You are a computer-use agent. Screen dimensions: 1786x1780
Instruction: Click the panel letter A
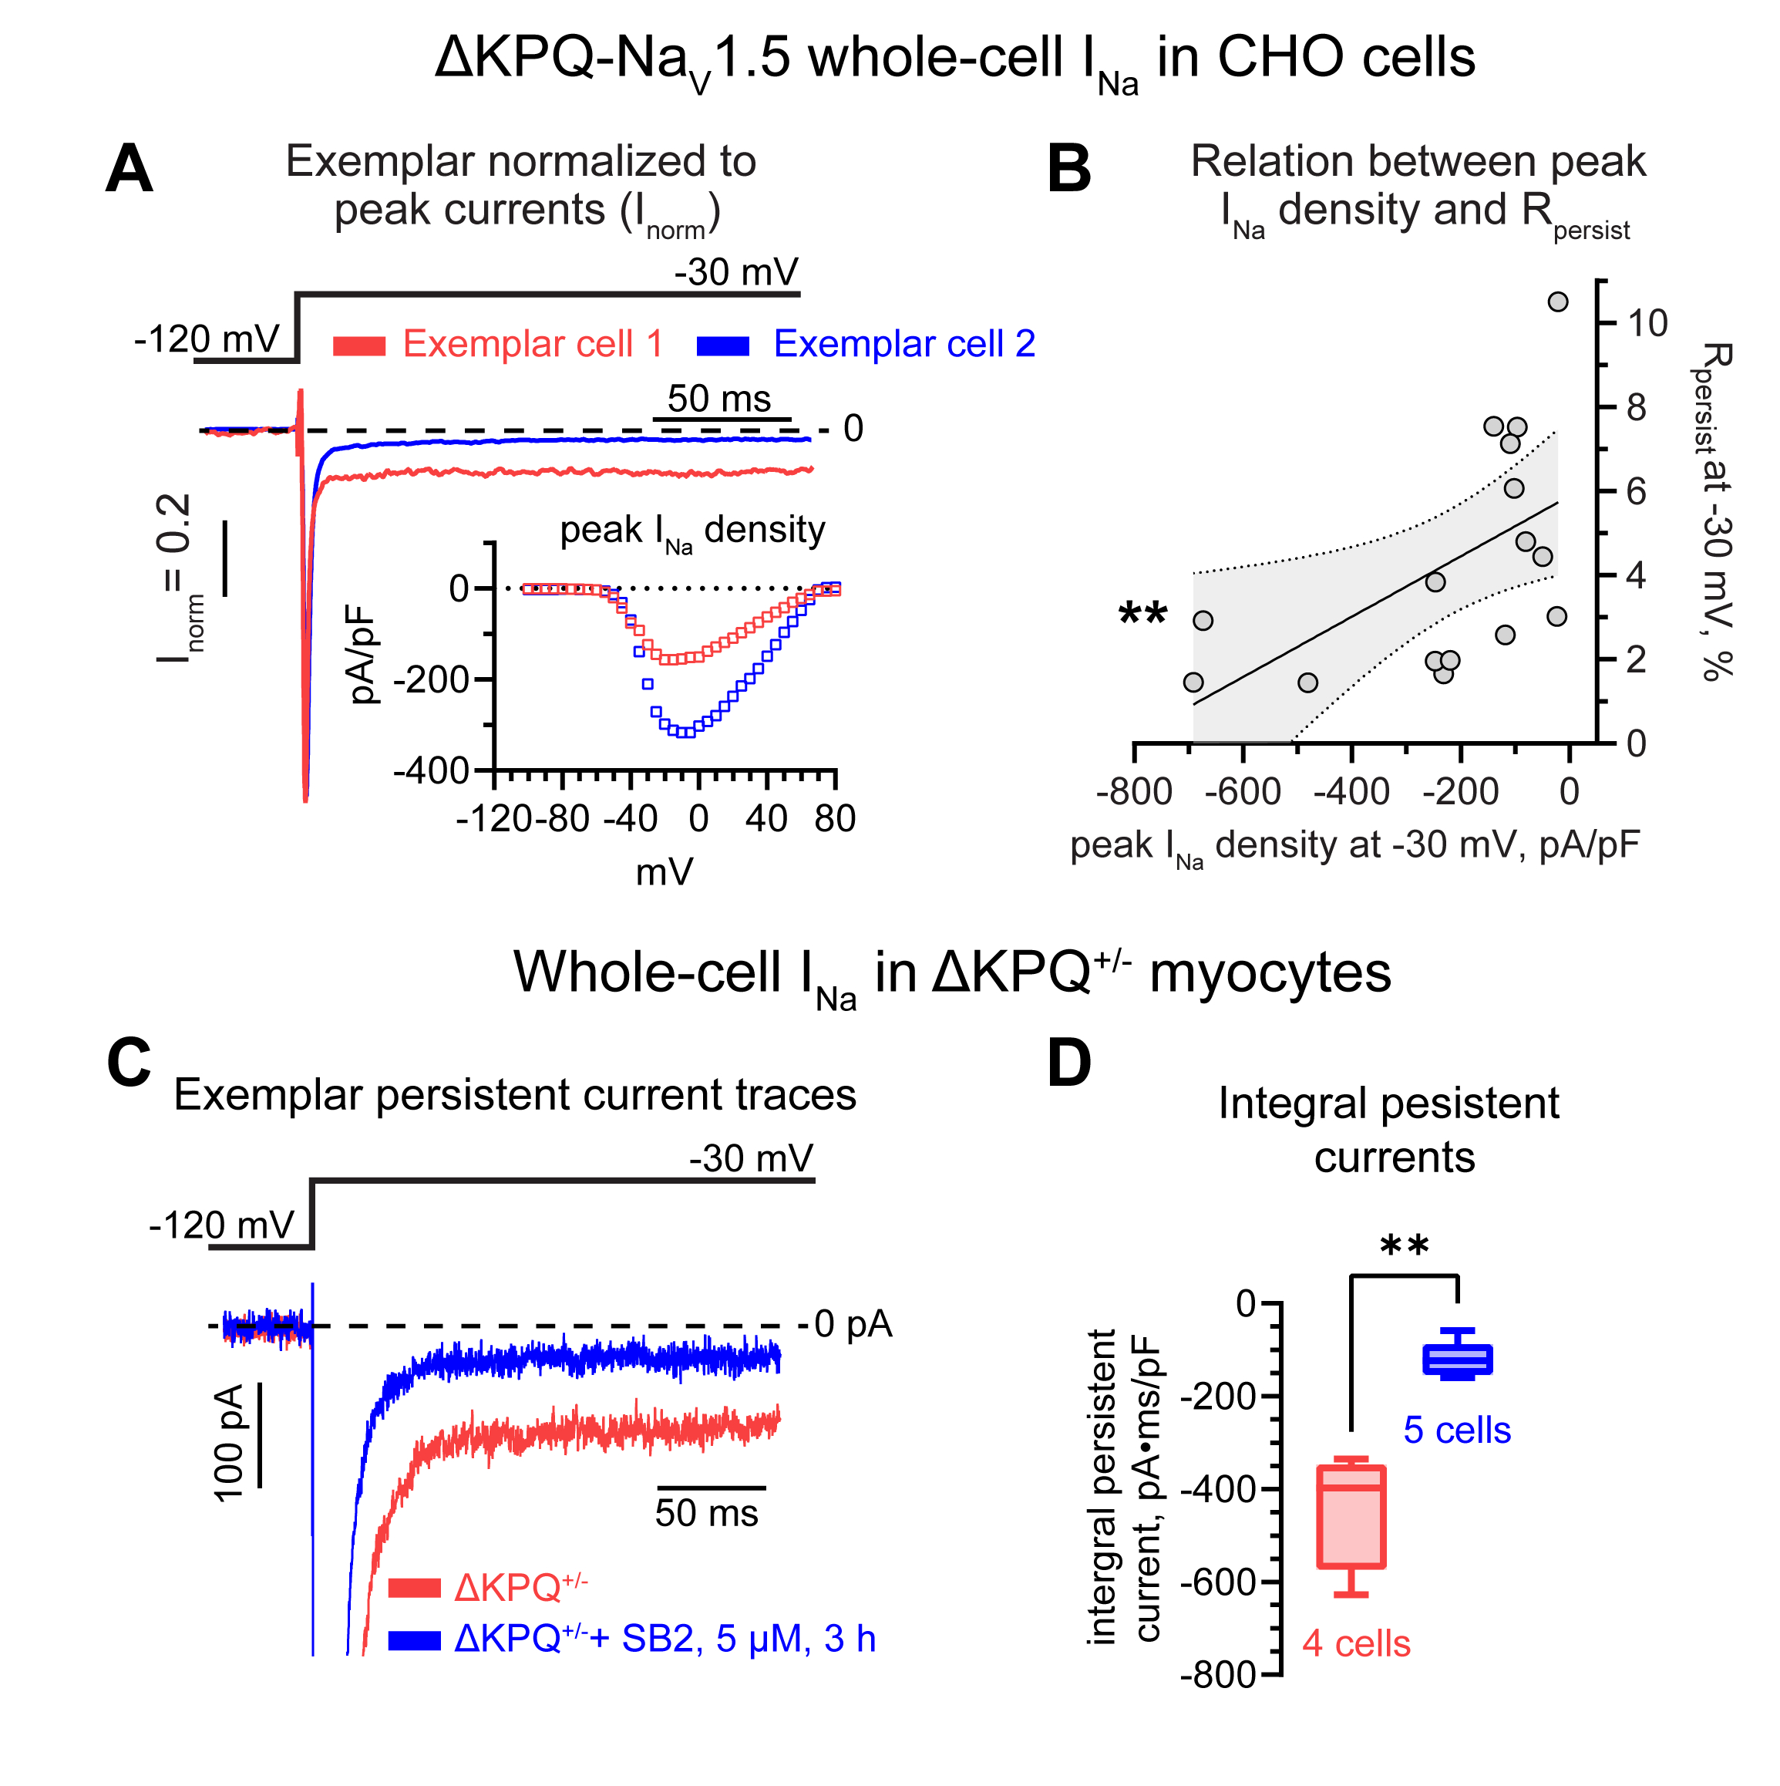point(129,169)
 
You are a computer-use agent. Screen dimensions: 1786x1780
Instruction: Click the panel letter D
point(1069,1063)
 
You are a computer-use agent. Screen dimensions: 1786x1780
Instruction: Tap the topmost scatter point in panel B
point(1558,302)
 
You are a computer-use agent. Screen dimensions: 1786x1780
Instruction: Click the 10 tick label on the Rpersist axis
point(1647,324)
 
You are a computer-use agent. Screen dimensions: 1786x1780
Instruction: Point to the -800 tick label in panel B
point(1134,792)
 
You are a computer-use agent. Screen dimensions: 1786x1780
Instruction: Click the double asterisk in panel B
point(1142,615)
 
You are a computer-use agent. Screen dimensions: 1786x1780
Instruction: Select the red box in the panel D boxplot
point(1351,1516)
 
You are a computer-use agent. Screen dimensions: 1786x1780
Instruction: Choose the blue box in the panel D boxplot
point(1458,1360)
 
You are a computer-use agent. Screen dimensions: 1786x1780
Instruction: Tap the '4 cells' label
point(1356,1643)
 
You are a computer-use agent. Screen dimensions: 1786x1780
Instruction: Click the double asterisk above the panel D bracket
point(1404,1247)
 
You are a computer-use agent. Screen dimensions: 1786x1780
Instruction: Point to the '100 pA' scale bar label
point(229,1443)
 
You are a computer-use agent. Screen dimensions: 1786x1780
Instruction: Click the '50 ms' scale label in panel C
point(706,1513)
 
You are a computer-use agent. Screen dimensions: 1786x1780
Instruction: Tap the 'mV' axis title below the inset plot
point(665,871)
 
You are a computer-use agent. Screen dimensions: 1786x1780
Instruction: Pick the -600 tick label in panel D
point(1218,1582)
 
